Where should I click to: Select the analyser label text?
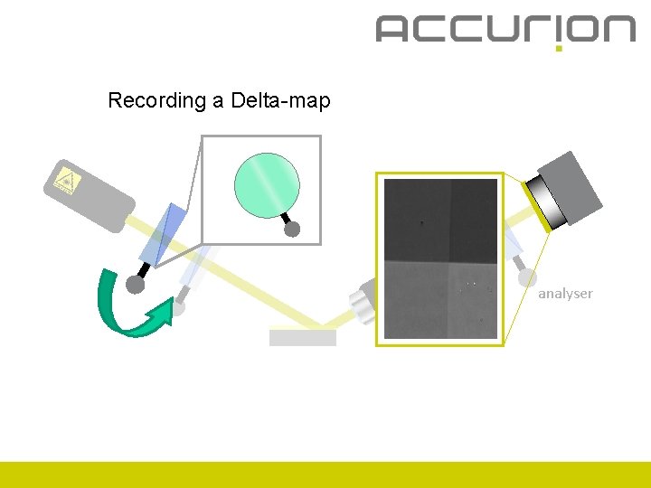point(565,293)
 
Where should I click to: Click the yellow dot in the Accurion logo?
point(559,48)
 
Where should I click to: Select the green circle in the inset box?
point(266,182)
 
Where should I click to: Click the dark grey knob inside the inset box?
point(292,230)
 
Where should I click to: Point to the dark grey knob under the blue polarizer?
point(136,285)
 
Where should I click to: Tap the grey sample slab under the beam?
point(303,337)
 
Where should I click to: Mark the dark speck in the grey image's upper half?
point(420,221)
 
